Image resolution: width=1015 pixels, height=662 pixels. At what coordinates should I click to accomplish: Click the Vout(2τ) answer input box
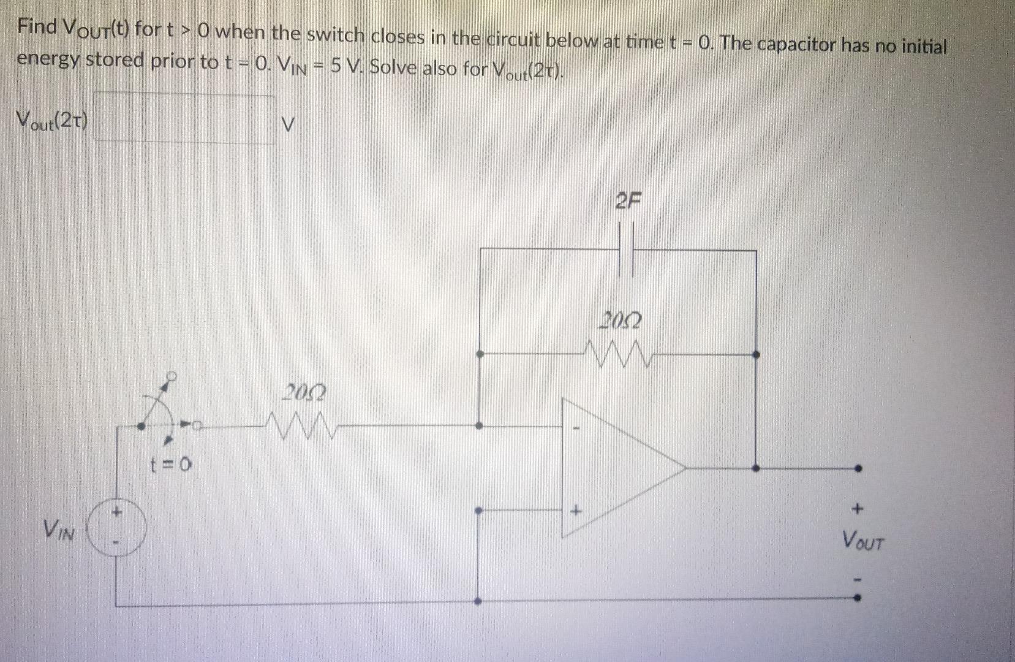coord(184,118)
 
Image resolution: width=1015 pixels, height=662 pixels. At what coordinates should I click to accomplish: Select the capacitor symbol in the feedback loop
coord(626,249)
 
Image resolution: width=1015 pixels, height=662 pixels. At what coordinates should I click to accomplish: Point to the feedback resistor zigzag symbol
coord(621,353)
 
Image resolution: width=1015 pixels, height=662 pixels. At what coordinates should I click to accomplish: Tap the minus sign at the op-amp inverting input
coord(575,428)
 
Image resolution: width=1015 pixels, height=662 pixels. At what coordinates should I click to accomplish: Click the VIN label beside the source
coord(59,530)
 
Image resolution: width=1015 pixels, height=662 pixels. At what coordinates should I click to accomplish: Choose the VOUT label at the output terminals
coord(862,541)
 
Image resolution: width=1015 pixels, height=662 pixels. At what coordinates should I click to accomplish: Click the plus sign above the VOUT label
coord(858,508)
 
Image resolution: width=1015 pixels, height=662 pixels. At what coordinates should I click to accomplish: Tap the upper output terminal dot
coord(858,468)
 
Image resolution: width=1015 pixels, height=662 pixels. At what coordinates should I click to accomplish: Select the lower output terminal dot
coord(858,601)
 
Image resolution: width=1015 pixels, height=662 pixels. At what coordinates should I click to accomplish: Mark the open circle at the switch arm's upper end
coord(173,375)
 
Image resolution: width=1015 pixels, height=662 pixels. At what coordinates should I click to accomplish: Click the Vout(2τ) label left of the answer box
coord(53,118)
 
